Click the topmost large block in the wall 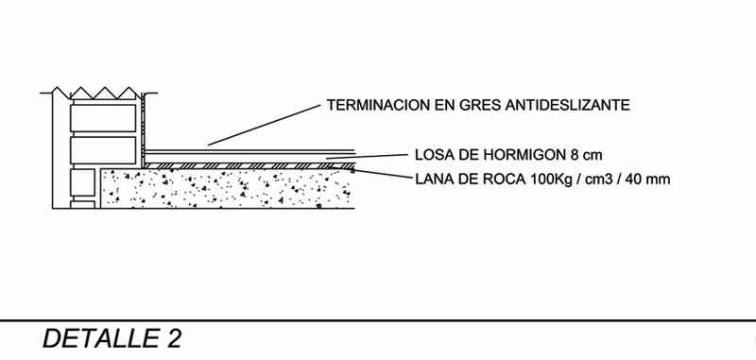(103, 117)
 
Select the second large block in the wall (103, 150)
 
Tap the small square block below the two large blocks (82, 182)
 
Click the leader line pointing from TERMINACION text (265, 125)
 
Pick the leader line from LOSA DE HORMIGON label (367, 156)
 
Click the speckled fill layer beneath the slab (228, 188)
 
